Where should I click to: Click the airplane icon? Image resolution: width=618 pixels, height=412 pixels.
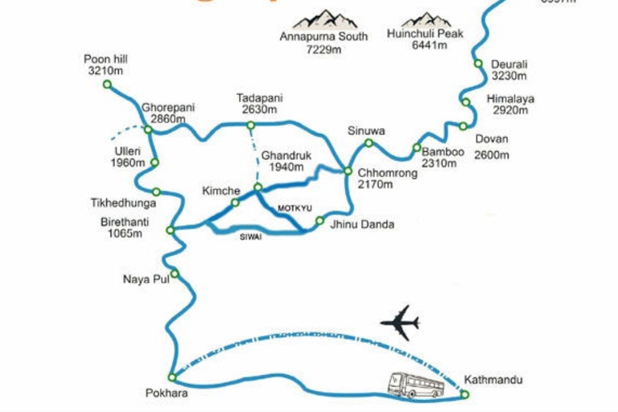[400, 323]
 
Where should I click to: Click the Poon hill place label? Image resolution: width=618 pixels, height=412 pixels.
[105, 59]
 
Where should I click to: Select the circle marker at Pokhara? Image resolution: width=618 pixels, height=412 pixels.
[171, 377]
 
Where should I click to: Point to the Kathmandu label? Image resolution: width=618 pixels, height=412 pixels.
[494, 378]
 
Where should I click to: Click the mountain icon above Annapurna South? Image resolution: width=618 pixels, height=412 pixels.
[325, 19]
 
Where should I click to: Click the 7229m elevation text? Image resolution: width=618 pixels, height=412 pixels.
[323, 49]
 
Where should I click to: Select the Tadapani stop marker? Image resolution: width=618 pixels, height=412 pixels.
[250, 125]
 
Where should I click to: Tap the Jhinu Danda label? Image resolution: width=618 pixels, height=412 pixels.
[362, 225]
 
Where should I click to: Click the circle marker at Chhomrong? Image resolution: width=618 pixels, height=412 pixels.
[348, 171]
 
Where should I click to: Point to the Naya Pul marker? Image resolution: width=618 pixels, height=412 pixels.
[174, 274]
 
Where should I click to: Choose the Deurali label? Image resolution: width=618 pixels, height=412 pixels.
[509, 64]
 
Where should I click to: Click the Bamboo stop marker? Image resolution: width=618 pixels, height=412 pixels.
[416, 147]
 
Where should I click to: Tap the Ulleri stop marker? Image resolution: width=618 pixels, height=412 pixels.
[154, 163]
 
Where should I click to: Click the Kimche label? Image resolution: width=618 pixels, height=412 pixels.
[221, 190]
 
